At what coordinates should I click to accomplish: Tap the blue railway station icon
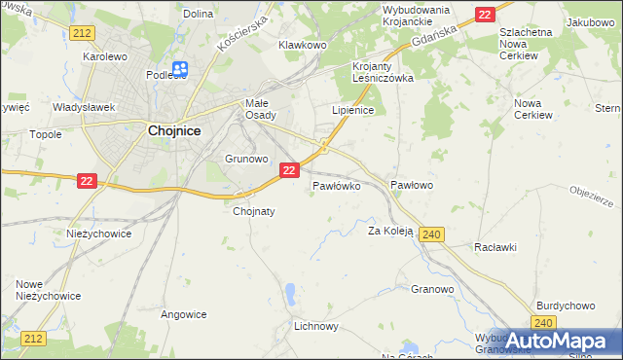coord(180,69)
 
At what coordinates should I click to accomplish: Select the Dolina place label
coord(198,14)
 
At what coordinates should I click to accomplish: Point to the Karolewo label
coord(106,56)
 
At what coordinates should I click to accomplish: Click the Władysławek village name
coord(85,107)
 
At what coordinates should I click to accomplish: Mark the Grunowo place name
coord(246,158)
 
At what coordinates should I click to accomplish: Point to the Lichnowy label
coord(316,327)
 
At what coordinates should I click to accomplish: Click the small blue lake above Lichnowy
coord(290,293)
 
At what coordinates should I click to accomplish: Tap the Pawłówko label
coord(337,184)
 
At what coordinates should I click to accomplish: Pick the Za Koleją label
coord(390,232)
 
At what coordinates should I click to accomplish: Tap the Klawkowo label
coord(302,45)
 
